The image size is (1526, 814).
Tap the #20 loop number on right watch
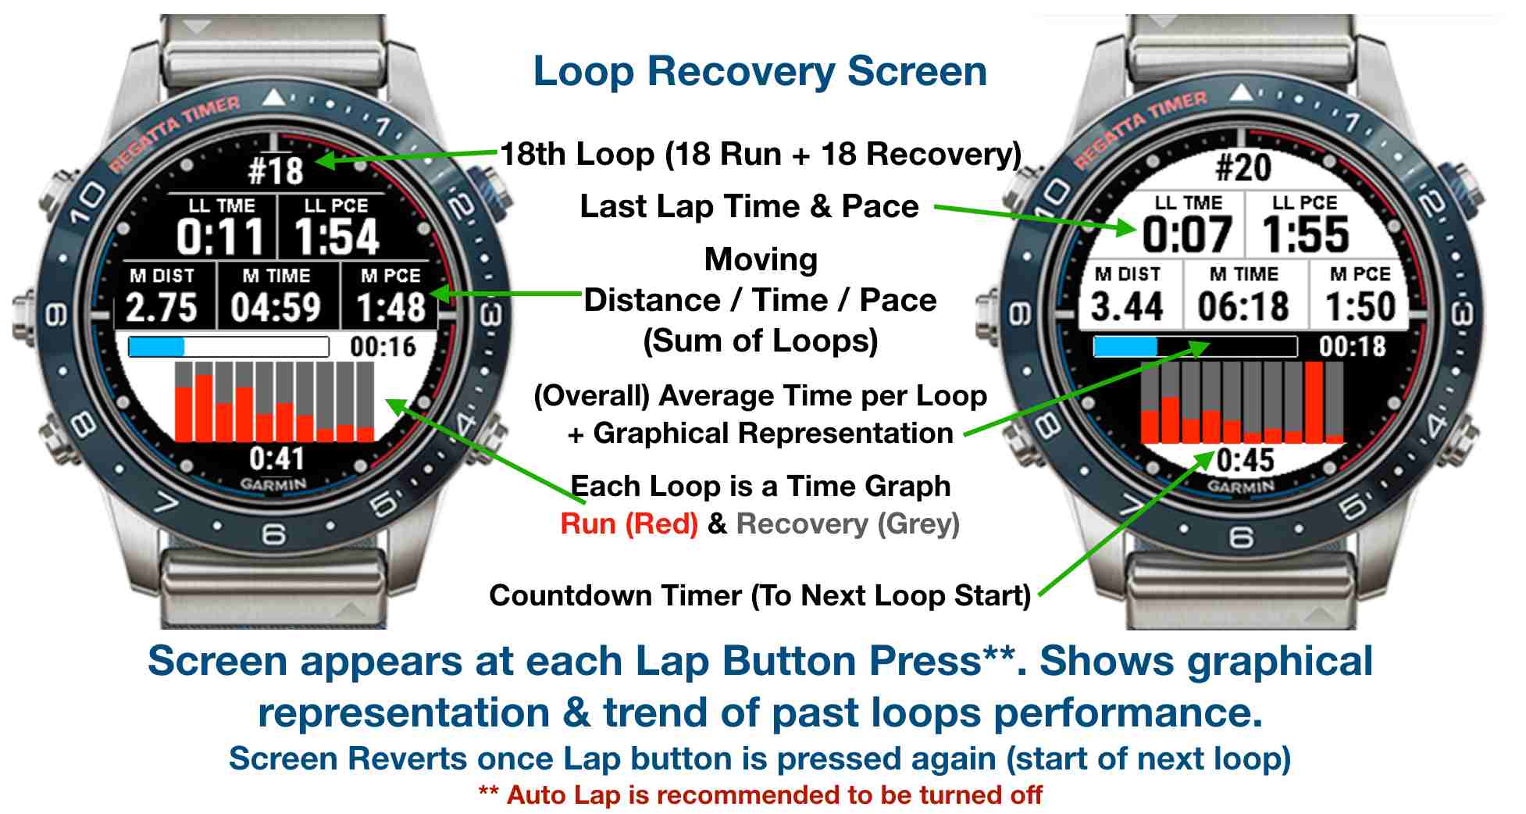pos(1243,167)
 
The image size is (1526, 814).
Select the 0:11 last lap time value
pos(221,237)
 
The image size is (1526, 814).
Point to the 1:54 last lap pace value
pos(337,237)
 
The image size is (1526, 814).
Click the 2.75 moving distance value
pos(162,307)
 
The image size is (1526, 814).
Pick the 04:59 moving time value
pos(276,307)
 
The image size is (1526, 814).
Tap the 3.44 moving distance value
pos(1127,305)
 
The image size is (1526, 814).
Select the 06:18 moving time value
pos(1243,305)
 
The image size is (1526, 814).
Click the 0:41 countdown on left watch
pos(276,458)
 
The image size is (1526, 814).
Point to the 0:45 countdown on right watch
pos(1246,460)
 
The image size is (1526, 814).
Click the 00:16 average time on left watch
pos(383,347)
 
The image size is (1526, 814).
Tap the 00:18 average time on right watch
pos(1353,346)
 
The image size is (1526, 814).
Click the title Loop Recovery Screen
pos(760,71)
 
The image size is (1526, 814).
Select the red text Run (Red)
pos(629,523)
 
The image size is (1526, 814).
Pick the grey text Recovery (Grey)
pos(848,523)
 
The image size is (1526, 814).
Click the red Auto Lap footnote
pos(760,795)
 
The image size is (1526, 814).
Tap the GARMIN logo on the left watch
pos(273,484)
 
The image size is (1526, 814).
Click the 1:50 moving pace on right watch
pos(1360,305)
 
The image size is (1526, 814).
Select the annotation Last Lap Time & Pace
pos(750,207)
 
